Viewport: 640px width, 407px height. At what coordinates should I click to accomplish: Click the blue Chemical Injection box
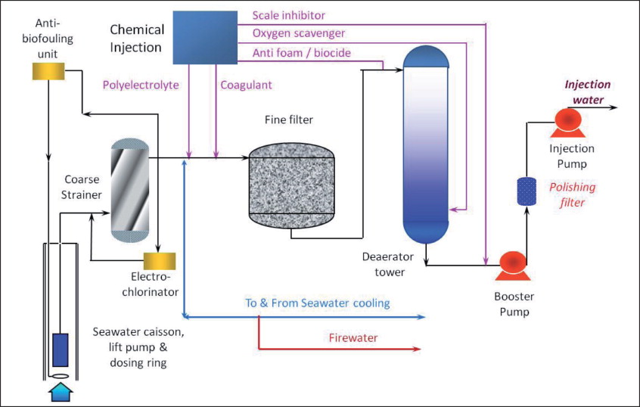(x=204, y=37)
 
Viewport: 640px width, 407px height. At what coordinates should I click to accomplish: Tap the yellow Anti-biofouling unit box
(x=48, y=71)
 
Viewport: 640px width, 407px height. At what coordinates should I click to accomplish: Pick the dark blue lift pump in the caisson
(x=60, y=350)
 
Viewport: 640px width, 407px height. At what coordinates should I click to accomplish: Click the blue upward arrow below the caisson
(x=60, y=392)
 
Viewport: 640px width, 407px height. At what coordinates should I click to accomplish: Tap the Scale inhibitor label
(x=288, y=14)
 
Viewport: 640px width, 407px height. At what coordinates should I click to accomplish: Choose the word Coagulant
(x=246, y=85)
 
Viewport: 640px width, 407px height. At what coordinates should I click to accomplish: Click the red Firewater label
(x=353, y=337)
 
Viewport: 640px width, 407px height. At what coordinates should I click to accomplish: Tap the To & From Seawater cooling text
(x=317, y=303)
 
